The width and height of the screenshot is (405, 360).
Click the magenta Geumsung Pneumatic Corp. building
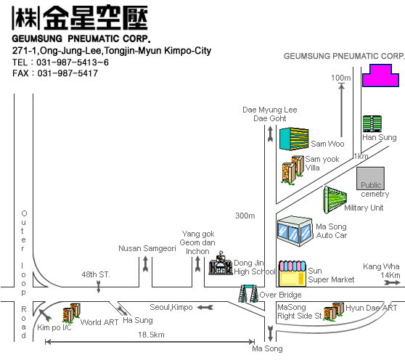(x=380, y=75)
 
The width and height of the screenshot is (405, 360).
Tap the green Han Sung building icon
(x=372, y=124)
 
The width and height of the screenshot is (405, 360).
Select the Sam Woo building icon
(x=294, y=139)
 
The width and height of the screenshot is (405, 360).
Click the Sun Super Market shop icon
(x=292, y=274)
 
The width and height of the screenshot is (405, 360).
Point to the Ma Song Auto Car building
(x=295, y=232)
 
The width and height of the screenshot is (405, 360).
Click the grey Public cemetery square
(x=370, y=179)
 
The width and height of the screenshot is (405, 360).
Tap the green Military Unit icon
(x=335, y=200)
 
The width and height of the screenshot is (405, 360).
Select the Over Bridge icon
(x=248, y=293)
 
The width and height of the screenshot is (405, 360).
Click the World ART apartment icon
(x=72, y=314)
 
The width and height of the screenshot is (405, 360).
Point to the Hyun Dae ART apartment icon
(x=334, y=311)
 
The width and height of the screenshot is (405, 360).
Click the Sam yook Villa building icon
(x=292, y=170)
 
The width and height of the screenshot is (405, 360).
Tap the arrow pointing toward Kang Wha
(x=392, y=283)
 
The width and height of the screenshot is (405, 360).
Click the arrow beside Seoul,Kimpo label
(x=205, y=307)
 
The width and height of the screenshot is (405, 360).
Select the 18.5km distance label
(x=151, y=335)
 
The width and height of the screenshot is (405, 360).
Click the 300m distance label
(x=245, y=216)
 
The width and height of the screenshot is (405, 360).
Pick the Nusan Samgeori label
(x=147, y=248)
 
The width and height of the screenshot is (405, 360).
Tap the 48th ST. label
(x=96, y=274)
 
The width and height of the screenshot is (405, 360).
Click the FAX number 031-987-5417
(x=67, y=73)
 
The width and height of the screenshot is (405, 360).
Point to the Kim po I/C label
(x=54, y=327)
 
